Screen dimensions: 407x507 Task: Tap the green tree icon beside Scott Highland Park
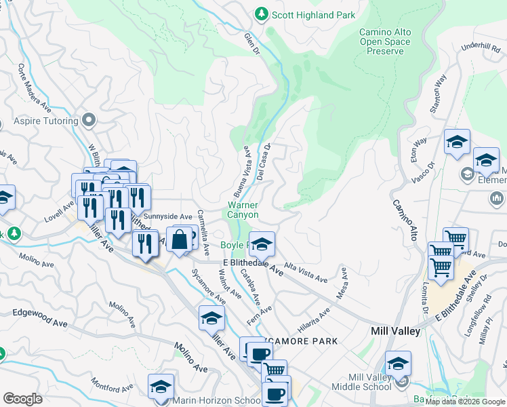261,14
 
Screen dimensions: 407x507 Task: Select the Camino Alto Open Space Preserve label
384,42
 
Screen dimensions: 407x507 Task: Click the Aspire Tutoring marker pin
89,121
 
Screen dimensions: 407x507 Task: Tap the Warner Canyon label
243,209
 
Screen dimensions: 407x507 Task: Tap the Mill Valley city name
396,331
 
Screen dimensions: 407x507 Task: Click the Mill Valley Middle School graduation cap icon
398,364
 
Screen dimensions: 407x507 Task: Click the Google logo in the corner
22,399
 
